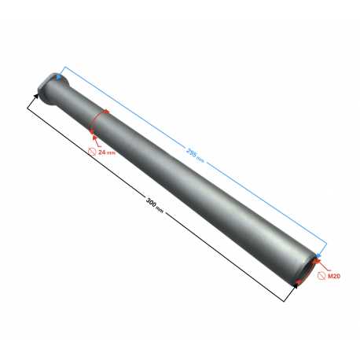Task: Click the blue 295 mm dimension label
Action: click(195, 156)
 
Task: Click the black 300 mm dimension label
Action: click(155, 205)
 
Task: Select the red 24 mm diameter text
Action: click(107, 152)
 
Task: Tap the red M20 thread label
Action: click(334, 276)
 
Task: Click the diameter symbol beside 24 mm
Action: click(92, 152)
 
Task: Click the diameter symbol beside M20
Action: click(321, 276)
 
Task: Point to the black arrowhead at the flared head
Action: click(36, 96)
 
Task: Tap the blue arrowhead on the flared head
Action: click(59, 78)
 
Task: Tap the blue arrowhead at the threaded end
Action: click(318, 255)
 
